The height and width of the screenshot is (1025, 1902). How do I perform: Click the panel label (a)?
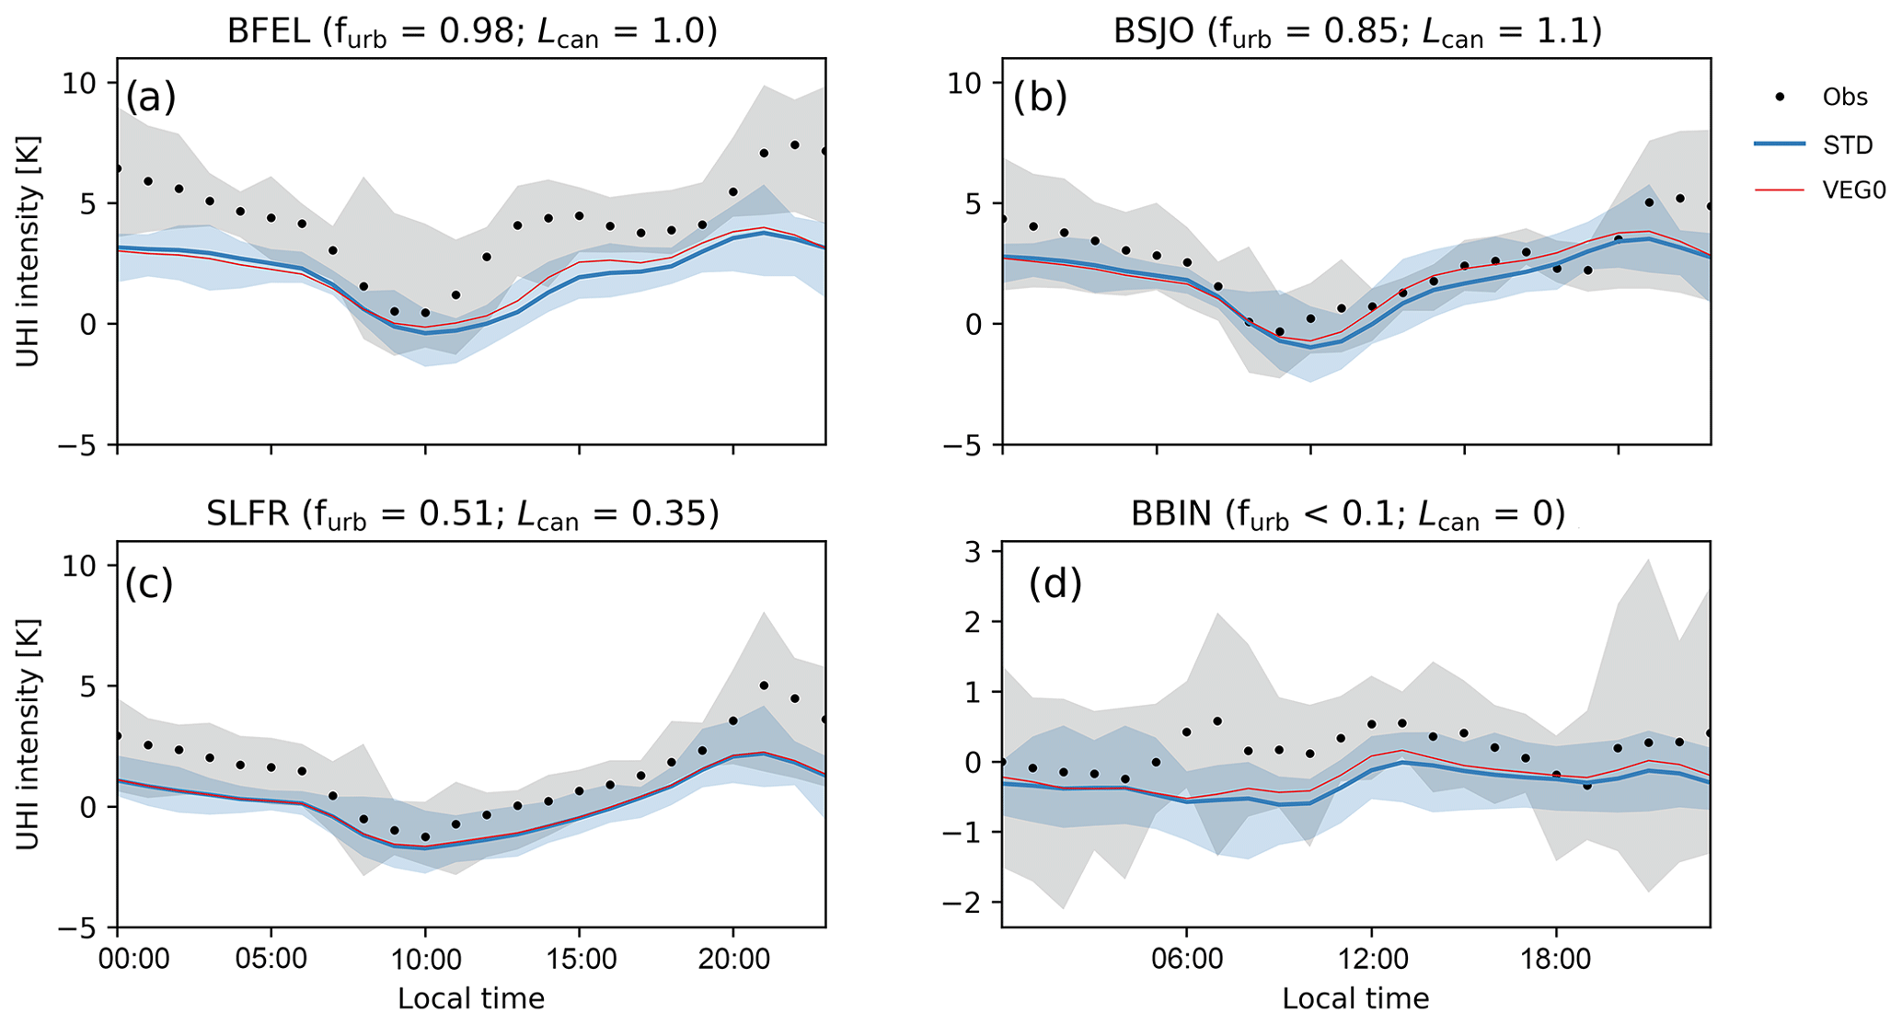(150, 97)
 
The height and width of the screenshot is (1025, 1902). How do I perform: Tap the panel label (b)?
(1040, 97)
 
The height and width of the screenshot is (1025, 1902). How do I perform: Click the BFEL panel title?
(471, 32)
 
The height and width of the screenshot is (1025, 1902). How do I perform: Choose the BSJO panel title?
(1357, 32)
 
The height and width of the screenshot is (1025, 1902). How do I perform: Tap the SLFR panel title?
(462, 515)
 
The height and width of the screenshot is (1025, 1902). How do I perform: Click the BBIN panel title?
(1348, 515)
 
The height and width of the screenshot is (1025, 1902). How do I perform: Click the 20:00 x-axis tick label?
(732, 960)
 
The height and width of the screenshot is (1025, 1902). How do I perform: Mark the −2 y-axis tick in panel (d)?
(963, 903)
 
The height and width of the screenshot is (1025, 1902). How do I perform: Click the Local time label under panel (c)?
(471, 999)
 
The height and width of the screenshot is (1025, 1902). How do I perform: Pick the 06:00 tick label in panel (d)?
(1186, 960)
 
